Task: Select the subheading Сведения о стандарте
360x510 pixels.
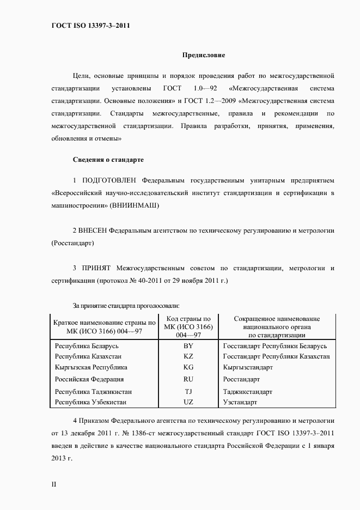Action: (x=108, y=160)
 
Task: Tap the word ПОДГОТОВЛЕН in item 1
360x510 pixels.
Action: (x=109, y=180)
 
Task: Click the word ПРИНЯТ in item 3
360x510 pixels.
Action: (x=96, y=269)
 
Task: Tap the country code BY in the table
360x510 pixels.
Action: (x=188, y=346)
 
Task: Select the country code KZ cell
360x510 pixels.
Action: (x=188, y=356)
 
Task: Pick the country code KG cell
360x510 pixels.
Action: (x=188, y=367)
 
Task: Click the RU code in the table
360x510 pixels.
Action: (x=188, y=379)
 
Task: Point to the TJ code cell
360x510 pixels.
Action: (x=188, y=391)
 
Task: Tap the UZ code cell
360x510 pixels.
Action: (x=188, y=402)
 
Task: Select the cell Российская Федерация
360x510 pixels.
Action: (x=89, y=379)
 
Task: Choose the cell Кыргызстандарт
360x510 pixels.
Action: (x=248, y=367)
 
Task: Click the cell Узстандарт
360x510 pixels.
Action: (x=240, y=402)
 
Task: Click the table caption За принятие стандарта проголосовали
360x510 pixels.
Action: (x=126, y=306)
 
